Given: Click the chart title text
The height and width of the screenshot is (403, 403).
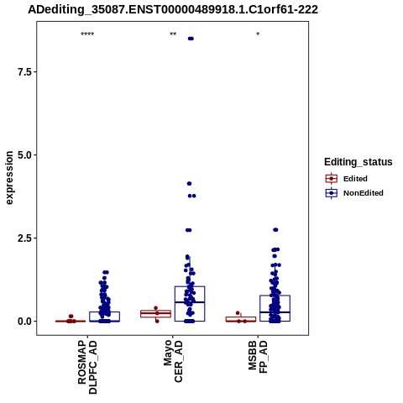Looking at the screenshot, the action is pyautogui.click(x=173, y=9).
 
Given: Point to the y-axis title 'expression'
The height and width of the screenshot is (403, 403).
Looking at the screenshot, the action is pyautogui.click(x=9, y=178).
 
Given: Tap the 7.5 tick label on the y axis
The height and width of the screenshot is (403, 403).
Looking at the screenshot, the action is pyautogui.click(x=24, y=72).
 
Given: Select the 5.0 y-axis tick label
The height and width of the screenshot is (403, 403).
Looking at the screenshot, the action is pyautogui.click(x=24, y=155).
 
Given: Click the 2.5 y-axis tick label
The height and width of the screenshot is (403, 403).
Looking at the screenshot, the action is pyautogui.click(x=24, y=238).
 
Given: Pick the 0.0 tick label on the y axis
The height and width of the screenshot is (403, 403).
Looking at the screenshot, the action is pyautogui.click(x=24, y=322).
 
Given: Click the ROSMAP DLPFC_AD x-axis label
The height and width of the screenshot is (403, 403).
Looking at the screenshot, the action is pyautogui.click(x=87, y=367).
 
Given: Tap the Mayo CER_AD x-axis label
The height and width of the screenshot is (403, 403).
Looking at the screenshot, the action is pyautogui.click(x=173, y=361).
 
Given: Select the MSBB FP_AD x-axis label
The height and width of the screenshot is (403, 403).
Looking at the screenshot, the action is pyautogui.click(x=258, y=357).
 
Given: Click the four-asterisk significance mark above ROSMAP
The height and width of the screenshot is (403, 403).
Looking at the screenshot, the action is pyautogui.click(x=87, y=34).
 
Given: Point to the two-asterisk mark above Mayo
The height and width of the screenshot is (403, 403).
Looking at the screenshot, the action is pyautogui.click(x=173, y=34).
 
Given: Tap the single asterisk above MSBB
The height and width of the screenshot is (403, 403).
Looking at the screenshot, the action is pyautogui.click(x=258, y=34).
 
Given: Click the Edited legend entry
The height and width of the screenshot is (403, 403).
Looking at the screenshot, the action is pyautogui.click(x=347, y=179).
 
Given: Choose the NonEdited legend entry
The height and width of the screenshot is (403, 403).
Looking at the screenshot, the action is pyautogui.click(x=354, y=193).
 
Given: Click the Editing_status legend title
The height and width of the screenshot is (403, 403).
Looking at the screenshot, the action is pyautogui.click(x=359, y=162).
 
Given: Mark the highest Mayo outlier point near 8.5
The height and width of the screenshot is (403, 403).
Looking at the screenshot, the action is pyautogui.click(x=191, y=39).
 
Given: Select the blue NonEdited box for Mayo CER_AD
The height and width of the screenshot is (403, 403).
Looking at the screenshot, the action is pyautogui.click(x=190, y=286).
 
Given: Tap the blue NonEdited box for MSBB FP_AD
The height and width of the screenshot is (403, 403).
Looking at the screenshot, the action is pyautogui.click(x=275, y=296).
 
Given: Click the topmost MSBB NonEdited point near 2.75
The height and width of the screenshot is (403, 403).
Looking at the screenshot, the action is pyautogui.click(x=275, y=230).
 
